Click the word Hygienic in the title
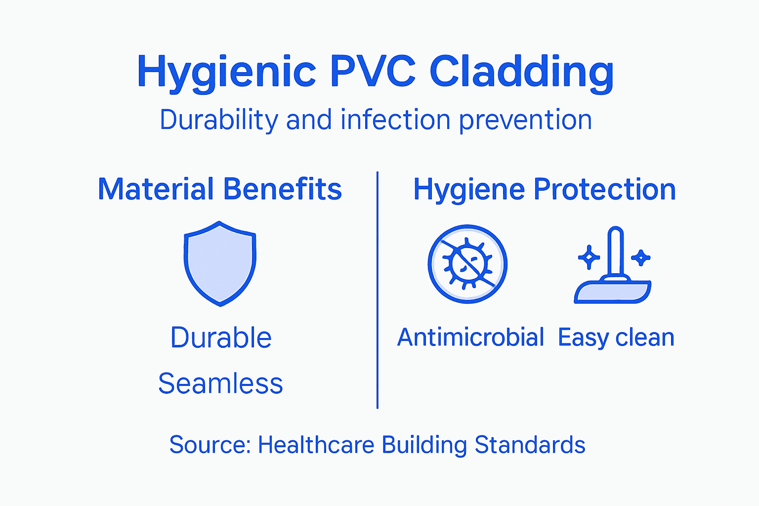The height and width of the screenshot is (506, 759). tap(226, 72)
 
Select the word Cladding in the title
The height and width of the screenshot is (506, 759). tap(521, 72)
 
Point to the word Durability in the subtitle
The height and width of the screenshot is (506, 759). tap(219, 120)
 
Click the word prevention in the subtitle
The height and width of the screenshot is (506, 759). tap(525, 121)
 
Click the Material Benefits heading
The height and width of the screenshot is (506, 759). tap(220, 189)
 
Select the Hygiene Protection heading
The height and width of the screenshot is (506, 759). tap(545, 190)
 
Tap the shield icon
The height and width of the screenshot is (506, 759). tap(220, 263)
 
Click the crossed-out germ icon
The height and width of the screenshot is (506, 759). tap(467, 264)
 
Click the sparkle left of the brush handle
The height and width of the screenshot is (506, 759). tap(589, 257)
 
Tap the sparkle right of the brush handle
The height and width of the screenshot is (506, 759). tap(641, 257)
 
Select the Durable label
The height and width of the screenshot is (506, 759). tap(221, 338)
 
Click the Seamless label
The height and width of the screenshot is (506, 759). tap(220, 383)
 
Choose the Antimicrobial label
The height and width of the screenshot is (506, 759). tap(470, 338)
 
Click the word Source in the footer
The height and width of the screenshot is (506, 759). tap(210, 445)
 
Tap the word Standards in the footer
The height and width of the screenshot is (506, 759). tap(530, 445)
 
